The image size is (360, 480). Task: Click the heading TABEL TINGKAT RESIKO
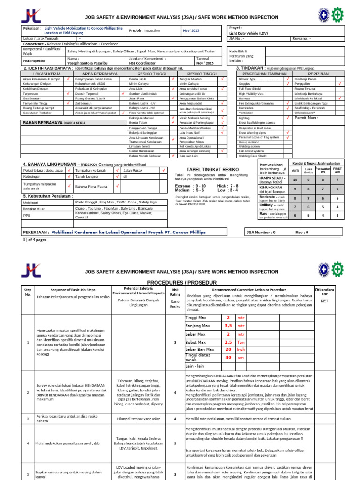(212, 169)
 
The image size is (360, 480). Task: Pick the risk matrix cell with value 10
(295, 180)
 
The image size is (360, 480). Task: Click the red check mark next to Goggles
(287, 83)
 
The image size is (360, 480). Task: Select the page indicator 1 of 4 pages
(35, 240)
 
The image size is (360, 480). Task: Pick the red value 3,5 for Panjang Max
(228, 325)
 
